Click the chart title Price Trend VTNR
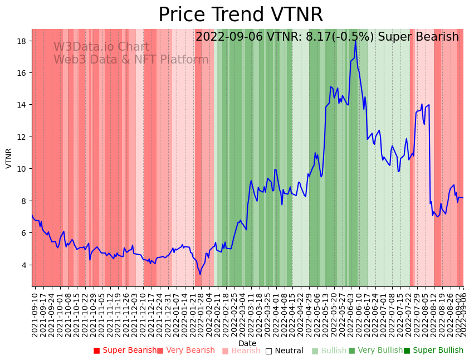click(x=240, y=15)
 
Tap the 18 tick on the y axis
click(x=23, y=41)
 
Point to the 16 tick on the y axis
click(x=23, y=73)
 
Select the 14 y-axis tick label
click(x=23, y=105)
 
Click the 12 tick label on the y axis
click(x=23, y=137)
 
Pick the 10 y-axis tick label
click(x=23, y=169)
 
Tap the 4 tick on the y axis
click(x=26, y=265)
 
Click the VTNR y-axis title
click(x=9, y=158)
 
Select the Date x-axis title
click(x=247, y=343)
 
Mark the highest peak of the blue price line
click(x=355, y=40)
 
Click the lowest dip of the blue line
click(x=200, y=274)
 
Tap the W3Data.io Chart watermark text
click(x=101, y=47)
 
